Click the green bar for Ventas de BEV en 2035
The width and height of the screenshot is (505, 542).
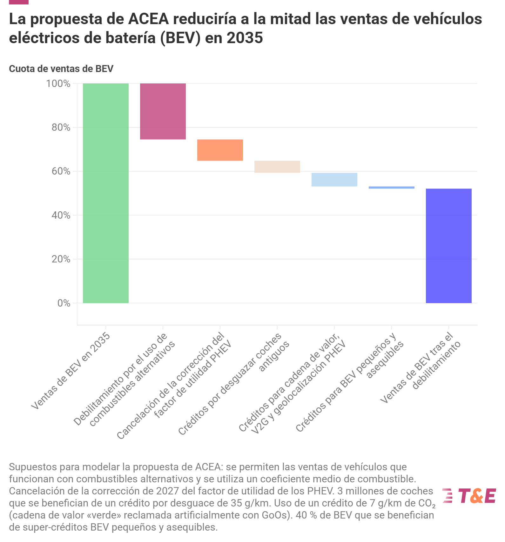click(x=105, y=193)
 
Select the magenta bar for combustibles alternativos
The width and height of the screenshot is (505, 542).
click(x=163, y=111)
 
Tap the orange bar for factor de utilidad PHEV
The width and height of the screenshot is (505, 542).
click(x=220, y=150)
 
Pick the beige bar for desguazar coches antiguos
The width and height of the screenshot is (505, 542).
click(x=277, y=167)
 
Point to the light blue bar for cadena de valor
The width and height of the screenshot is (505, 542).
click(x=334, y=180)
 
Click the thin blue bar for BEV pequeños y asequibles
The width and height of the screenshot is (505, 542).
click(x=391, y=188)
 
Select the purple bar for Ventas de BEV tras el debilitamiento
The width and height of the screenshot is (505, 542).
click(x=448, y=246)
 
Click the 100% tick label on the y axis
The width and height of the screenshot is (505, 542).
click(x=58, y=84)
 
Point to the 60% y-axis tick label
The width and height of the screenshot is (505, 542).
click(x=61, y=171)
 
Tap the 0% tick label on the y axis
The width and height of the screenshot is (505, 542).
click(x=64, y=303)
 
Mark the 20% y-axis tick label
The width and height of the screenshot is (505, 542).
click(x=61, y=259)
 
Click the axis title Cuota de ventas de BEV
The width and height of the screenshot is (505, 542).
click(x=61, y=69)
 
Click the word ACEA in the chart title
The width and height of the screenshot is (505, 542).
click(x=148, y=19)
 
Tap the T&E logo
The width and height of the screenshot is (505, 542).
click(x=469, y=496)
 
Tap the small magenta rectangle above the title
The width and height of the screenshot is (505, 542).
click(x=19, y=2)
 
